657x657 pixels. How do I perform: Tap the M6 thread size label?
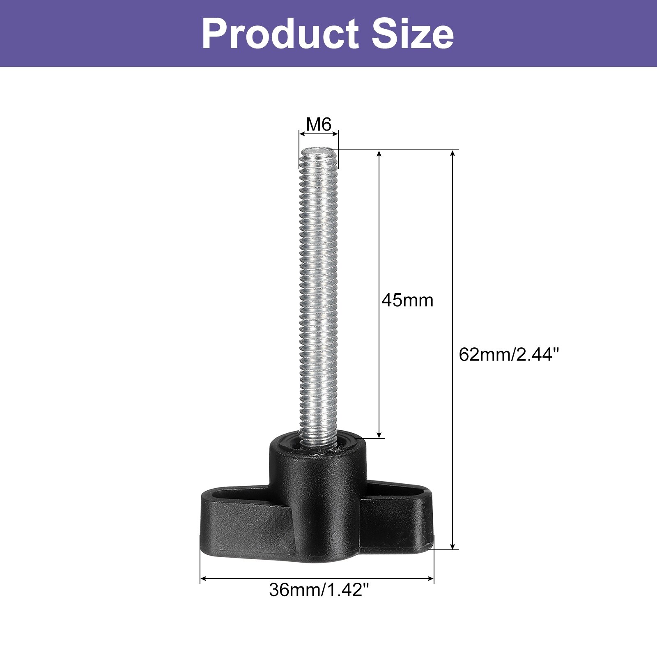pyautogui.click(x=319, y=124)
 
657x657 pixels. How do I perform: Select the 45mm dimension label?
pyautogui.click(x=407, y=300)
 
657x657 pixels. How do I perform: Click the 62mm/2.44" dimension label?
pyautogui.click(x=509, y=354)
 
